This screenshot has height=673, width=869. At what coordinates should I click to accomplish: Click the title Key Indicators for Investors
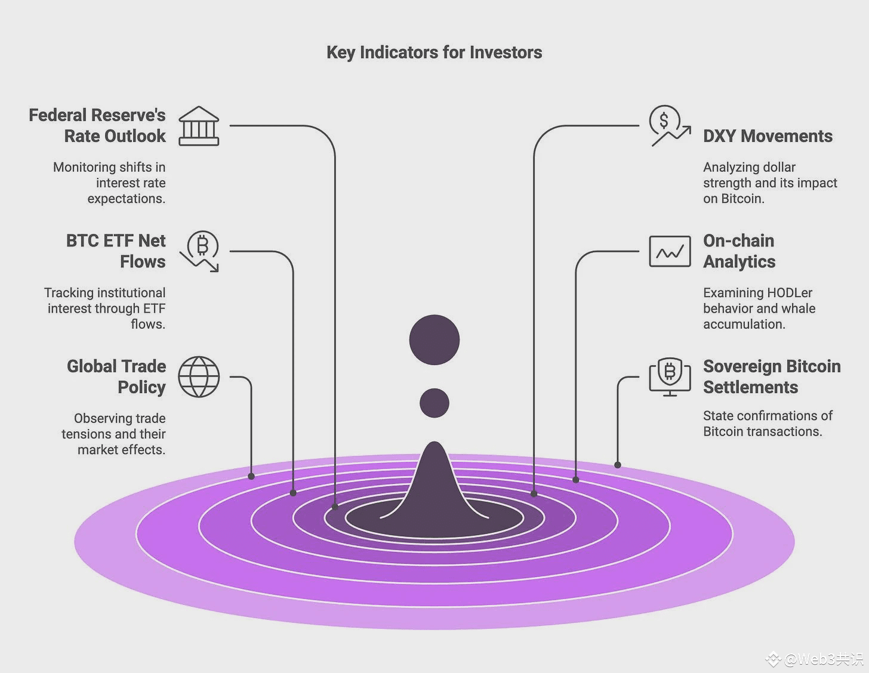434,53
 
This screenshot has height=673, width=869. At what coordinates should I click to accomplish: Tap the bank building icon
199,126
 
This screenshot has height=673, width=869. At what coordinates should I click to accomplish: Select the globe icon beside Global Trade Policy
199,377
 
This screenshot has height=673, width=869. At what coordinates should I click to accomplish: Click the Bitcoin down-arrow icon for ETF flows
200,251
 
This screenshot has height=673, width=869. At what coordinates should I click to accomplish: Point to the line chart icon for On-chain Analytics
670,251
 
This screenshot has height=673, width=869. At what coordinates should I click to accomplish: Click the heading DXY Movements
768,136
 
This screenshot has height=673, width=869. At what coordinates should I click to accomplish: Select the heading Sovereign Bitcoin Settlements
772,377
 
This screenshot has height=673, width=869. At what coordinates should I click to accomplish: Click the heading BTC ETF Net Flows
116,251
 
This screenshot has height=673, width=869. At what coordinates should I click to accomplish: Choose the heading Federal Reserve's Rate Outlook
97,125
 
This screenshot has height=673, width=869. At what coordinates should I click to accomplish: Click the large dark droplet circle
434,339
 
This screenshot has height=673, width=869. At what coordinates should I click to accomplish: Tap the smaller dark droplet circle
434,403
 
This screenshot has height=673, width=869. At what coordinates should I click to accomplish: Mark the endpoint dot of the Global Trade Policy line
251,476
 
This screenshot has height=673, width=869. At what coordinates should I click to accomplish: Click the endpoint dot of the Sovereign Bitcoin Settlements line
618,465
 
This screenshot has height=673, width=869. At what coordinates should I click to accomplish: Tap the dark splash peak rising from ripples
434,480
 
